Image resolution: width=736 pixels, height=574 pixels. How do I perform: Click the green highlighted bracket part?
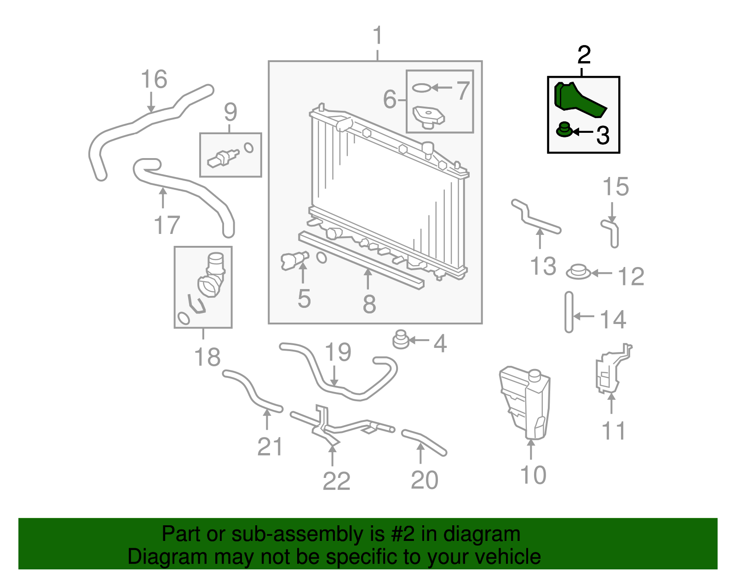[x=577, y=98]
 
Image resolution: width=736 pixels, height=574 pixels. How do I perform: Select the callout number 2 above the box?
[x=584, y=56]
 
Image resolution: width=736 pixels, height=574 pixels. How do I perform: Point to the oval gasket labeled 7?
[x=421, y=87]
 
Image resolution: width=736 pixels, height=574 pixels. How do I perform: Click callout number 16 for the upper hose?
[x=154, y=79]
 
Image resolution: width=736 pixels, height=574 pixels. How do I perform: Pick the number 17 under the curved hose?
[x=167, y=225]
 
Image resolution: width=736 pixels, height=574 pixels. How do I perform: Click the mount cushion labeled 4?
[x=401, y=340]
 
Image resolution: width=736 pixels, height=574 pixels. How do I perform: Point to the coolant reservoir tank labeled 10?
[x=526, y=402]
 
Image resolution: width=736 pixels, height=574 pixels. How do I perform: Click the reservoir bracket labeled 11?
[x=612, y=370]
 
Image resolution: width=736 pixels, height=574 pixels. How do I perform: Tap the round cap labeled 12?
[x=578, y=272]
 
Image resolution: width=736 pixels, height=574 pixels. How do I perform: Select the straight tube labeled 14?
[x=569, y=312]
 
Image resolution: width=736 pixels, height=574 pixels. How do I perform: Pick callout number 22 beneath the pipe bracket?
[x=336, y=481]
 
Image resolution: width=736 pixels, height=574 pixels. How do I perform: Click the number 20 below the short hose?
[x=424, y=480]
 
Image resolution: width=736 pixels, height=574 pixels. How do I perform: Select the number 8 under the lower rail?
[x=369, y=304]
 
